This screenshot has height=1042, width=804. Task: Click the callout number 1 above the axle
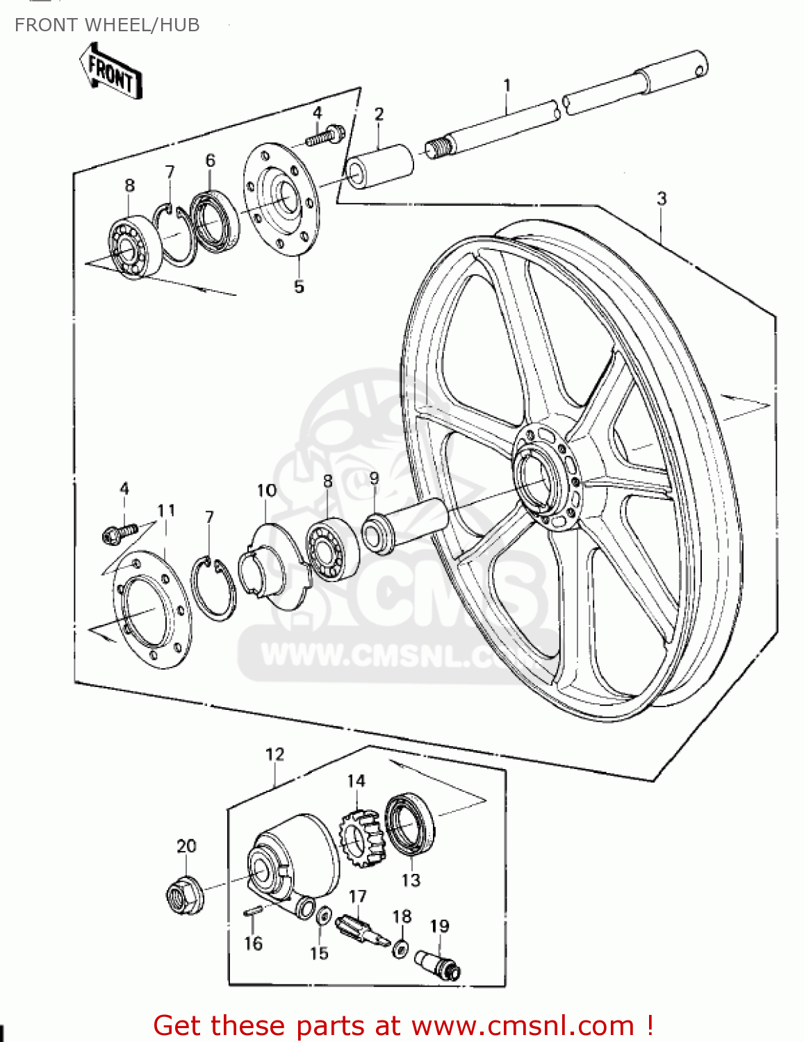pyautogui.click(x=507, y=85)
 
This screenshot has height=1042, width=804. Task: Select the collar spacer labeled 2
pyautogui.click(x=380, y=166)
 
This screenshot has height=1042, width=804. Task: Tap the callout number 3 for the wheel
pyautogui.click(x=662, y=199)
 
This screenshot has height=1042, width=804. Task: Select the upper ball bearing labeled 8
pyautogui.click(x=134, y=245)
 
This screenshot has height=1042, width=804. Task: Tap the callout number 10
pyautogui.click(x=267, y=491)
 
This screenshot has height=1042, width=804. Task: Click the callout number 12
pyautogui.click(x=275, y=754)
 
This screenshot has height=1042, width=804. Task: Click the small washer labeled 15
pyautogui.click(x=323, y=916)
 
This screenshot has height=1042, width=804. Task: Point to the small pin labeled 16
pyautogui.click(x=252, y=912)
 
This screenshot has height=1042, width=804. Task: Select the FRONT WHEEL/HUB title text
pyautogui.click(x=107, y=25)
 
